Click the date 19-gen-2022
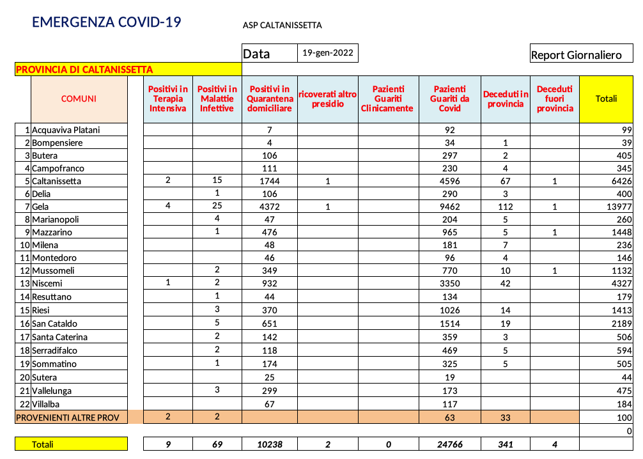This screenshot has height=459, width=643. pos(327,53)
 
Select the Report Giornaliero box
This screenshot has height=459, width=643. pos(576,55)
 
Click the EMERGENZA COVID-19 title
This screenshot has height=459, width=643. pos(107,22)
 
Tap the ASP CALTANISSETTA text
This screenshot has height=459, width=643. pos(282,26)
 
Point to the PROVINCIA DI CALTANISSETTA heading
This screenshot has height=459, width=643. pos(84,70)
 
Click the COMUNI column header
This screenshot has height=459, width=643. pos(79,98)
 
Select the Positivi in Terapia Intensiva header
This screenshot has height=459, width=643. pos(168,98)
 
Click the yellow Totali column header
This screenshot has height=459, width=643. pos(606,98)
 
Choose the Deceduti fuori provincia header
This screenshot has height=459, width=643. pos(554,98)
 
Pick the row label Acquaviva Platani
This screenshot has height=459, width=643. pos(66,130)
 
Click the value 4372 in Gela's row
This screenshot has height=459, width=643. pos(270,206)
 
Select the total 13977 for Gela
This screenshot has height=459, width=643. pos(617,206)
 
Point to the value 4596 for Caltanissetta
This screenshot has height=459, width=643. pos(449,181)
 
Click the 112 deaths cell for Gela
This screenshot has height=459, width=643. pos(506,206)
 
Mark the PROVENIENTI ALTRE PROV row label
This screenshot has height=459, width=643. pos(70,417)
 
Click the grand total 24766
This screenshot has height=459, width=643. pos(449,444)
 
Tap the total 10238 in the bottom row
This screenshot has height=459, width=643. pos(270,444)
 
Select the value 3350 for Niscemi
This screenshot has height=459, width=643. pos(449,283)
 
